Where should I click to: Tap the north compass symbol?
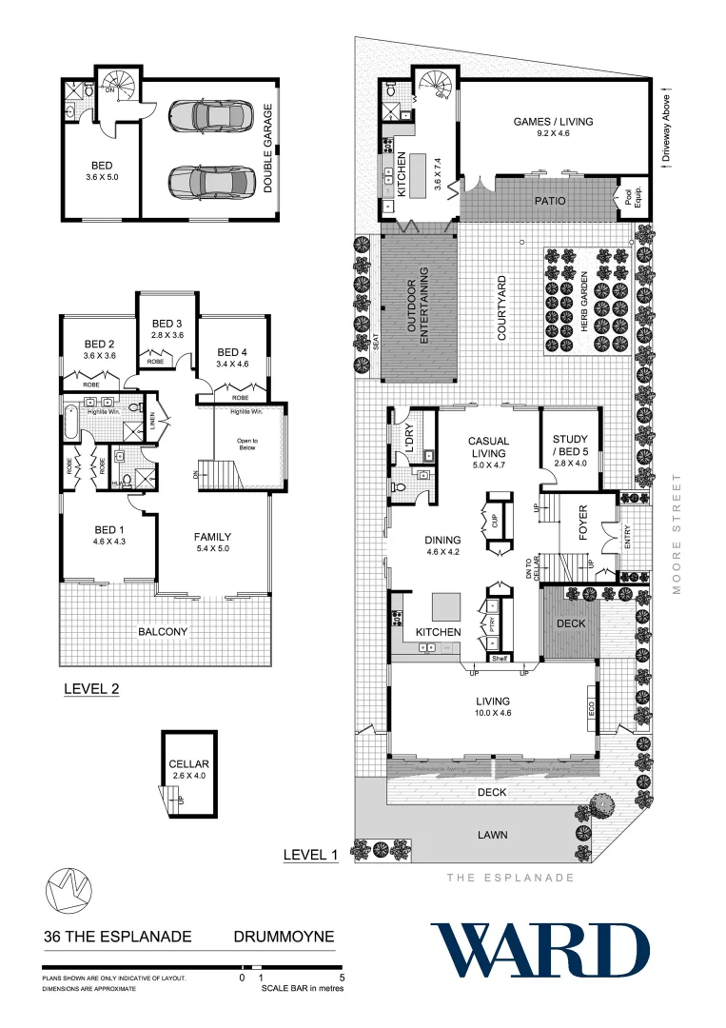68,889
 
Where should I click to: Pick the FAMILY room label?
213,536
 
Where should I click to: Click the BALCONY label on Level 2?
162,631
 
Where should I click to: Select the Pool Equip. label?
628,197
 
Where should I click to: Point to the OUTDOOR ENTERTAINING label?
419,304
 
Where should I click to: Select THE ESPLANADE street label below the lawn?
510,878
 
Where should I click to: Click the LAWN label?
492,835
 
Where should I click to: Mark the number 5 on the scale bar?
342,978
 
